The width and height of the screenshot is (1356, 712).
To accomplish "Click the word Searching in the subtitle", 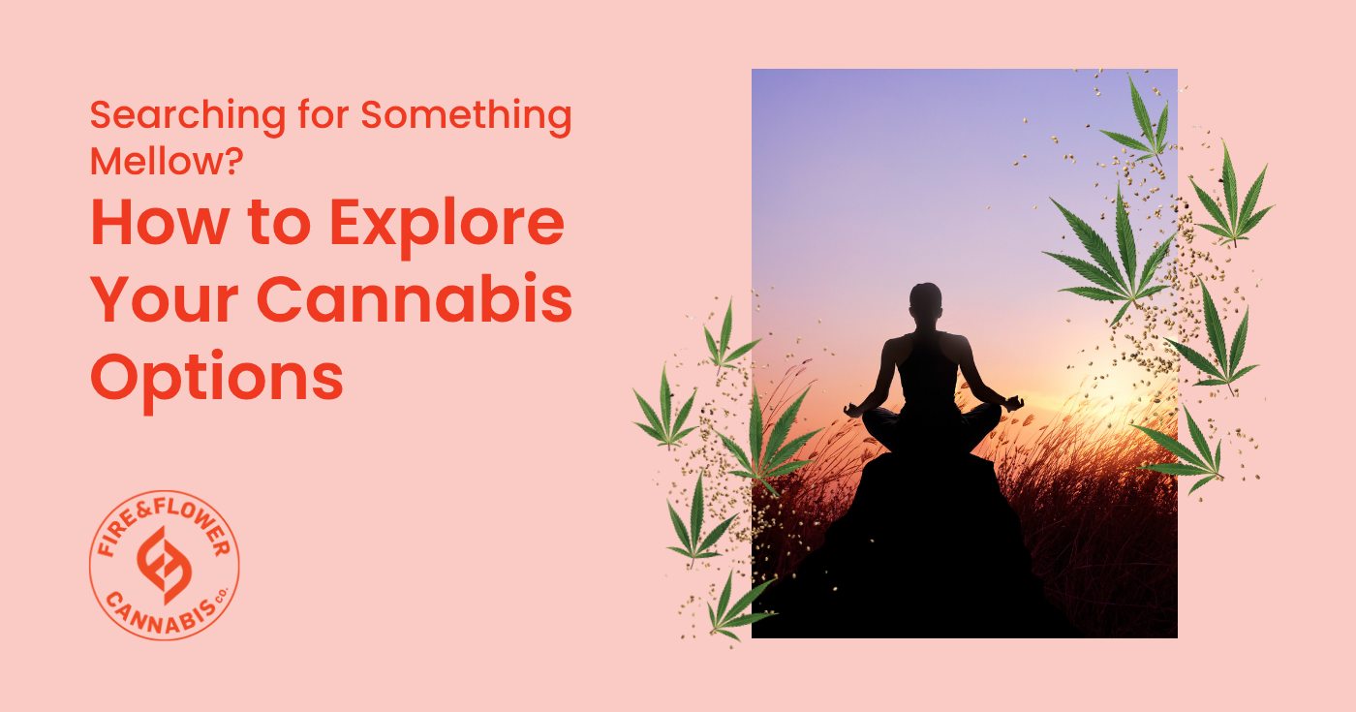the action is (x=188, y=116).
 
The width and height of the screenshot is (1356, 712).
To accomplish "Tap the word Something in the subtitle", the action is (x=466, y=116).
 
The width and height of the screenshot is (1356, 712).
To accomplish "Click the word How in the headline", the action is (x=160, y=223).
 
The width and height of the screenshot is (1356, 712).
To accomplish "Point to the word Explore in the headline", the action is (x=447, y=228).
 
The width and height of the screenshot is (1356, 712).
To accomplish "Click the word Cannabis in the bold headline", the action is (x=416, y=298).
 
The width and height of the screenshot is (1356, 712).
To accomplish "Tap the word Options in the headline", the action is (x=217, y=380).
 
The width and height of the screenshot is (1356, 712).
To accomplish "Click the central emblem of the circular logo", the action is (x=164, y=566).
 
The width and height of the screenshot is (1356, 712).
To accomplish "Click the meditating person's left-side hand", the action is (x=853, y=411).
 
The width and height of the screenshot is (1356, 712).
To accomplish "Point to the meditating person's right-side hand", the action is (x=1013, y=402).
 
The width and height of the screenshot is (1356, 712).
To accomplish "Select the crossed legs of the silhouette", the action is (x=931, y=428).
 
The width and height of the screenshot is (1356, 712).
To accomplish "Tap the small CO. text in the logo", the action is (x=221, y=594).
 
